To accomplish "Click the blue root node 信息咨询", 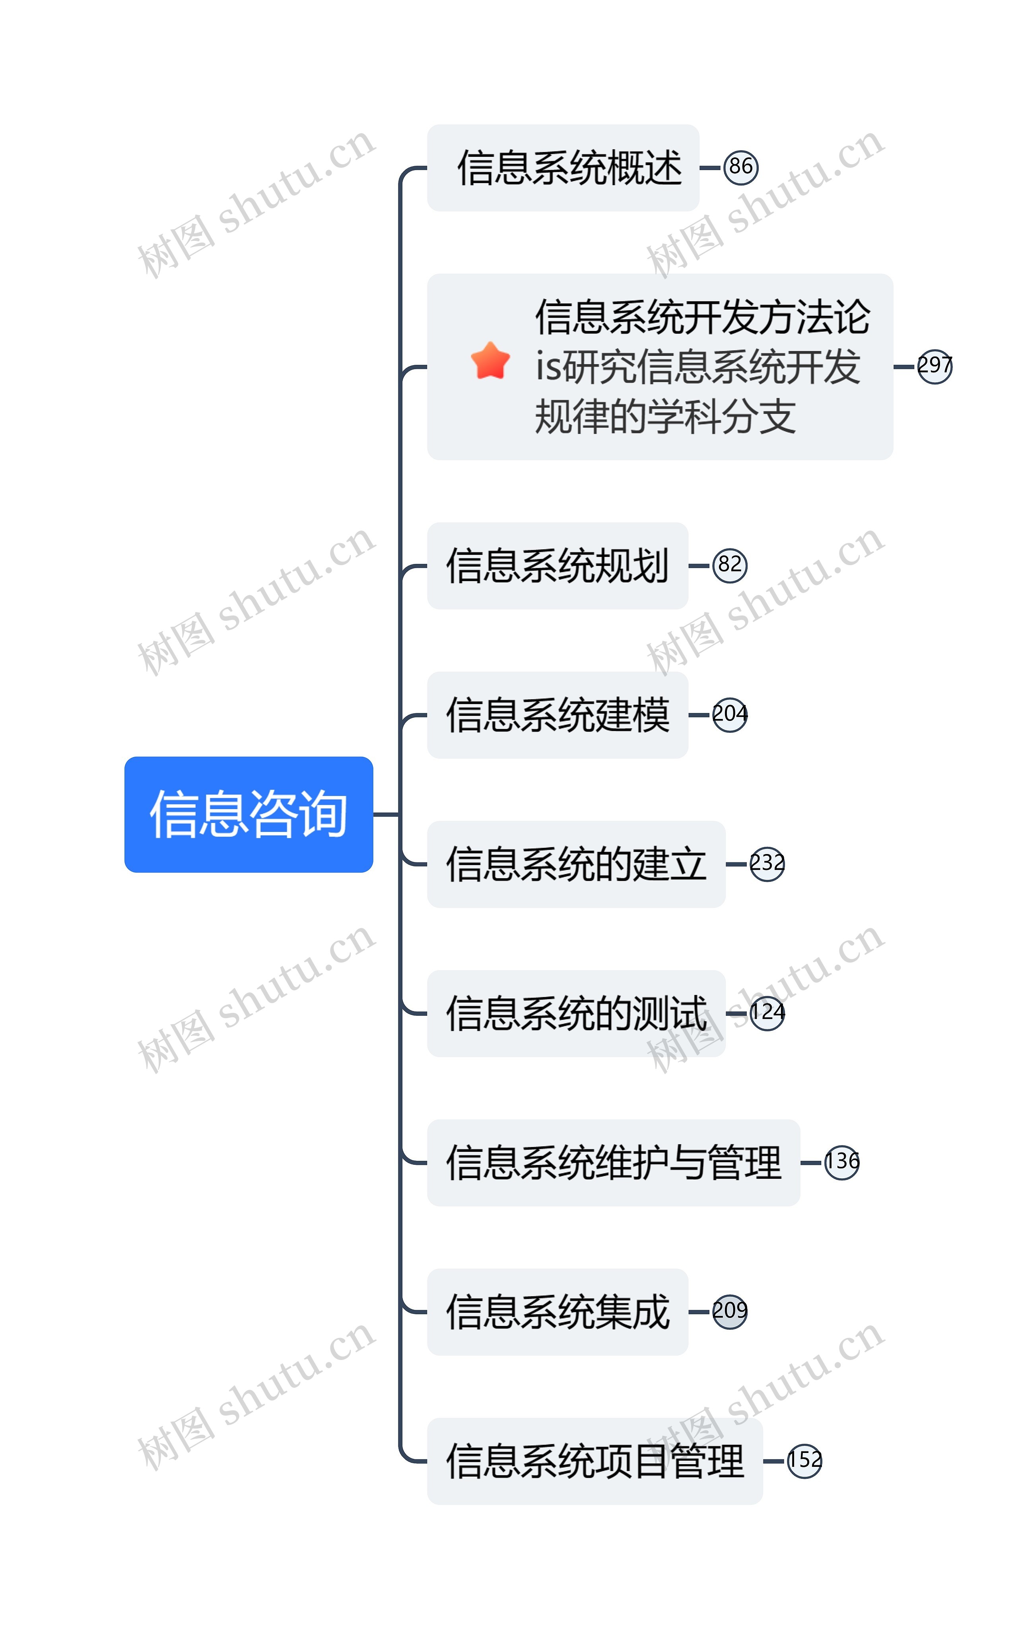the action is pos(249,814).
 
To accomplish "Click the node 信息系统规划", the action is pos(558,566).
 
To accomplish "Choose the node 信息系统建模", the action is pos(558,715).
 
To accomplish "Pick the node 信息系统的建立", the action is pos(576,864).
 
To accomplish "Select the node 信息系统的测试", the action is pos(576,1013).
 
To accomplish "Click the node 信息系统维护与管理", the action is pos(613,1163).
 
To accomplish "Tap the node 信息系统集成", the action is pos(558,1311).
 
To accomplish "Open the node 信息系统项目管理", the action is pos(594,1461).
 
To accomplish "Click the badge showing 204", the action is pos(730,715).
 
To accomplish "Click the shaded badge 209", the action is pos(730,1311).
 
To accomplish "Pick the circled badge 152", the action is pos(804,1461).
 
